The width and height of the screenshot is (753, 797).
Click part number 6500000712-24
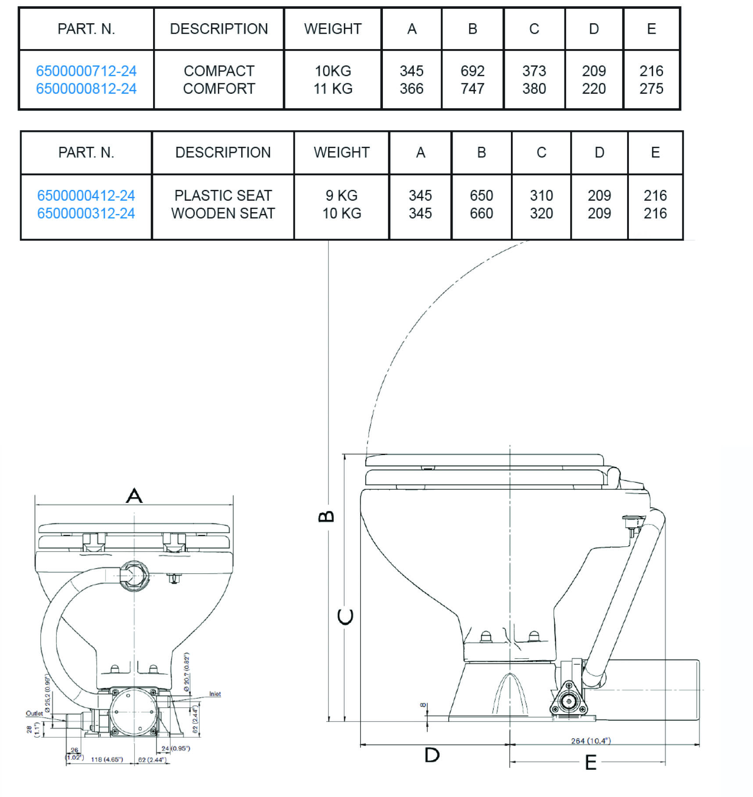[86, 71]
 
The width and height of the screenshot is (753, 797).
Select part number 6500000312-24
[86, 213]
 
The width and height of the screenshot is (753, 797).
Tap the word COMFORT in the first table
[219, 89]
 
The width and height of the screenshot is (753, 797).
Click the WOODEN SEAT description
[223, 213]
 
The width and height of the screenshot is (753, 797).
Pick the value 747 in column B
[472, 89]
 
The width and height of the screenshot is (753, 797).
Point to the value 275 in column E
[651, 89]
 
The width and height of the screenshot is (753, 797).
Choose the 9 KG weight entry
[342, 196]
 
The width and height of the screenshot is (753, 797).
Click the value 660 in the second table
[482, 213]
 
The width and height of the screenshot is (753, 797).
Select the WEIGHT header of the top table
[333, 29]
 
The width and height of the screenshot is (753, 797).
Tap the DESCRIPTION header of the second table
[223, 153]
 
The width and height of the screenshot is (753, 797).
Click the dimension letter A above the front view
[134, 495]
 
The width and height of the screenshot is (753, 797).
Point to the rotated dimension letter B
[326, 516]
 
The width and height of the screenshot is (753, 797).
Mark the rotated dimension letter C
[345, 617]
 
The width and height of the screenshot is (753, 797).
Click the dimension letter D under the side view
[432, 755]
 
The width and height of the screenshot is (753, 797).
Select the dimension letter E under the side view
[591, 763]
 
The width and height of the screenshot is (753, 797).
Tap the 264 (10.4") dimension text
[591, 741]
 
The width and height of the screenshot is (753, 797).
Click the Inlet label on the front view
[215, 694]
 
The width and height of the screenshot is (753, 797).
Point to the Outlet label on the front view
[34, 713]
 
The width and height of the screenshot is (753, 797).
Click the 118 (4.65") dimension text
[107, 759]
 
